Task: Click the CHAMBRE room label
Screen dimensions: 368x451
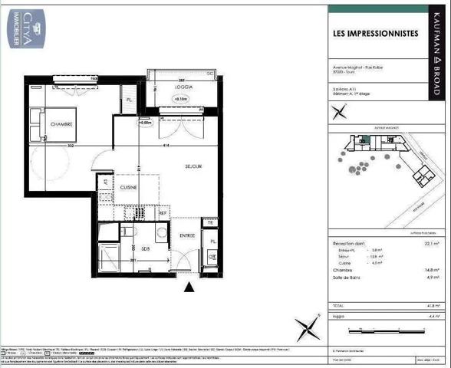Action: point(61,124)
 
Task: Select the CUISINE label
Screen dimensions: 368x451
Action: point(127,186)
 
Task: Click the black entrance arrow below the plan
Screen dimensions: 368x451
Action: point(189,287)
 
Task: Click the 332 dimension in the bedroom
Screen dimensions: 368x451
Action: point(69,143)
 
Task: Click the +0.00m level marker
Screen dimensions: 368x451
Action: point(145,121)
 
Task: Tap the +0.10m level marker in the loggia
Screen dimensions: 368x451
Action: point(182,99)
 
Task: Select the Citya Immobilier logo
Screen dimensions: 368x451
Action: point(26,26)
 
